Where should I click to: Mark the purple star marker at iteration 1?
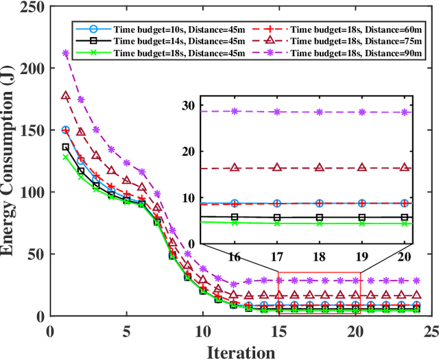click(66, 53)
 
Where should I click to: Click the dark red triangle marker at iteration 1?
click(66, 96)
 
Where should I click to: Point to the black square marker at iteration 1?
click(66, 147)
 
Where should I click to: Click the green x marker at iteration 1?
click(66, 157)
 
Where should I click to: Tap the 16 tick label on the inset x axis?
click(235, 256)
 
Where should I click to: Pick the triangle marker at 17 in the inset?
click(277, 167)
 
